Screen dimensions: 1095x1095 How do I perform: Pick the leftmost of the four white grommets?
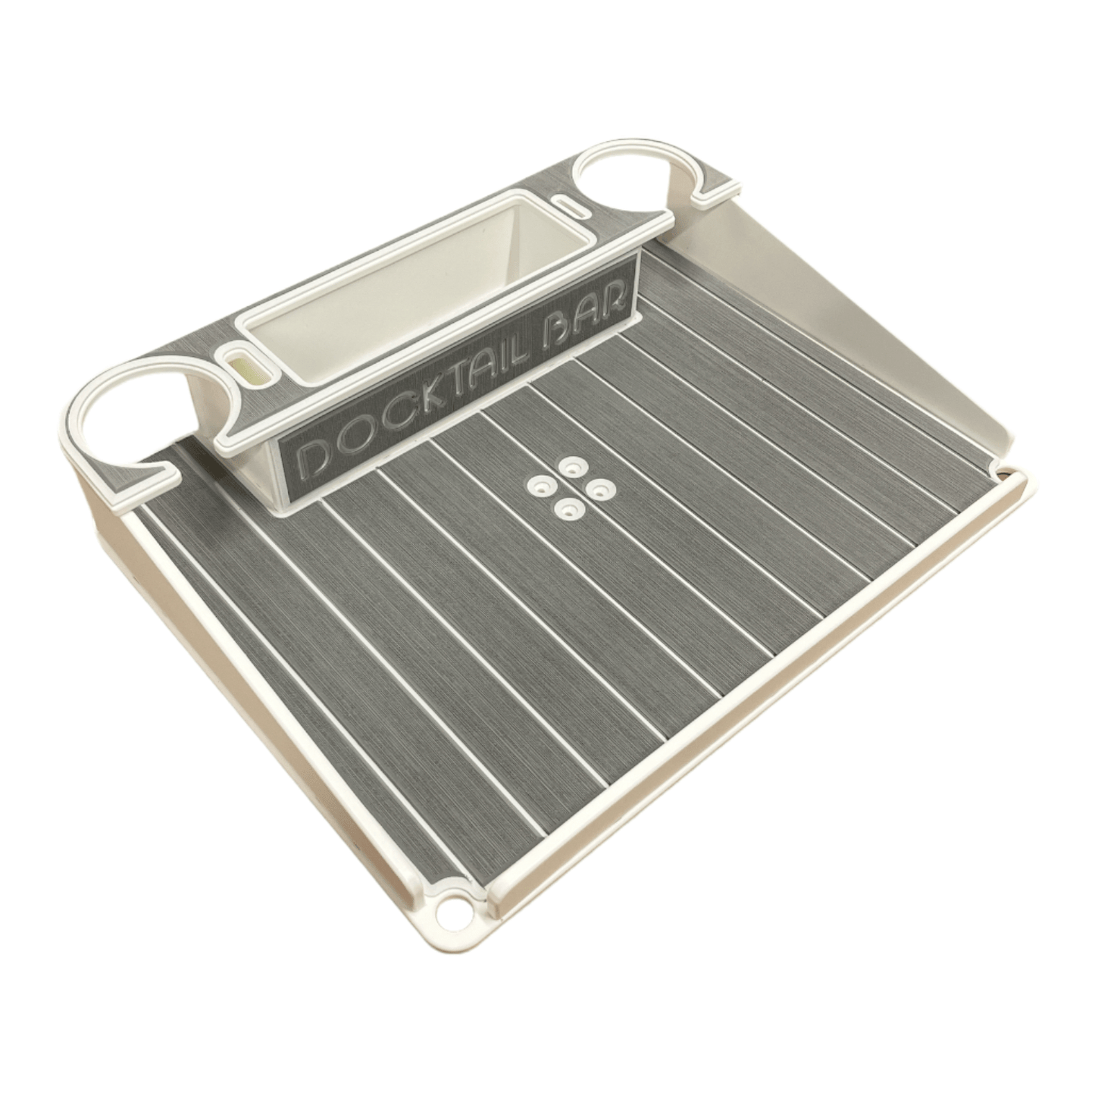(x=541, y=483)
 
